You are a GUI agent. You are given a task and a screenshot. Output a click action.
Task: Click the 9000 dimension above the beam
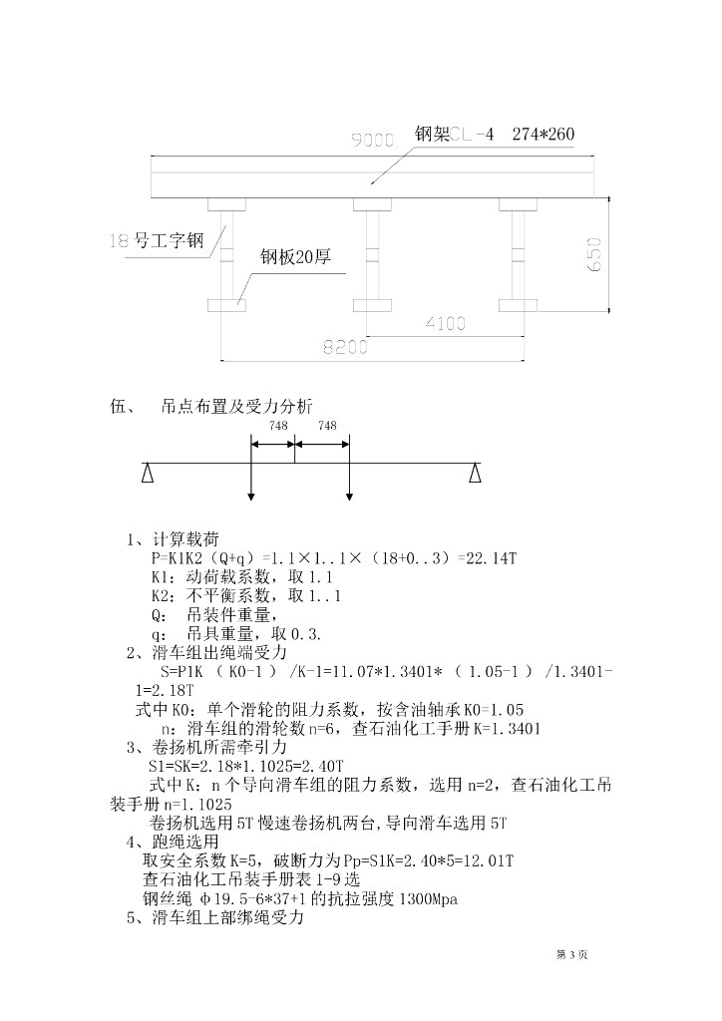coord(373,142)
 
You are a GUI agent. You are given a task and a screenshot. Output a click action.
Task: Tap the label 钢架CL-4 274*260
coord(495,135)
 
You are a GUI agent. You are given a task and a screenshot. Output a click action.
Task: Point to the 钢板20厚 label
coord(295,257)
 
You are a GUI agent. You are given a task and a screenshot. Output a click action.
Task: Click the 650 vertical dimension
coord(594,257)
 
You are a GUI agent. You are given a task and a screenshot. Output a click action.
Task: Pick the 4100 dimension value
coord(446,323)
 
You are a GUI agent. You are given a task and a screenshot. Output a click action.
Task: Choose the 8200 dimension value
coord(345,346)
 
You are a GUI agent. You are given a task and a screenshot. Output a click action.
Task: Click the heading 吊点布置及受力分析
coord(236,406)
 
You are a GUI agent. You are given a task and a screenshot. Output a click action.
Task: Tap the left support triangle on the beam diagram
coord(148,472)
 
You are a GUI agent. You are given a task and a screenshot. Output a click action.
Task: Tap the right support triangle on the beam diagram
coord(477,472)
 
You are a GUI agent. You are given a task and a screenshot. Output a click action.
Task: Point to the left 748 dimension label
coord(279,426)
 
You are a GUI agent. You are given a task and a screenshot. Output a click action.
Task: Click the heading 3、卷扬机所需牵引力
coord(206,747)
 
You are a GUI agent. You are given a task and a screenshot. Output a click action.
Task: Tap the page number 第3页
coord(571,955)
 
